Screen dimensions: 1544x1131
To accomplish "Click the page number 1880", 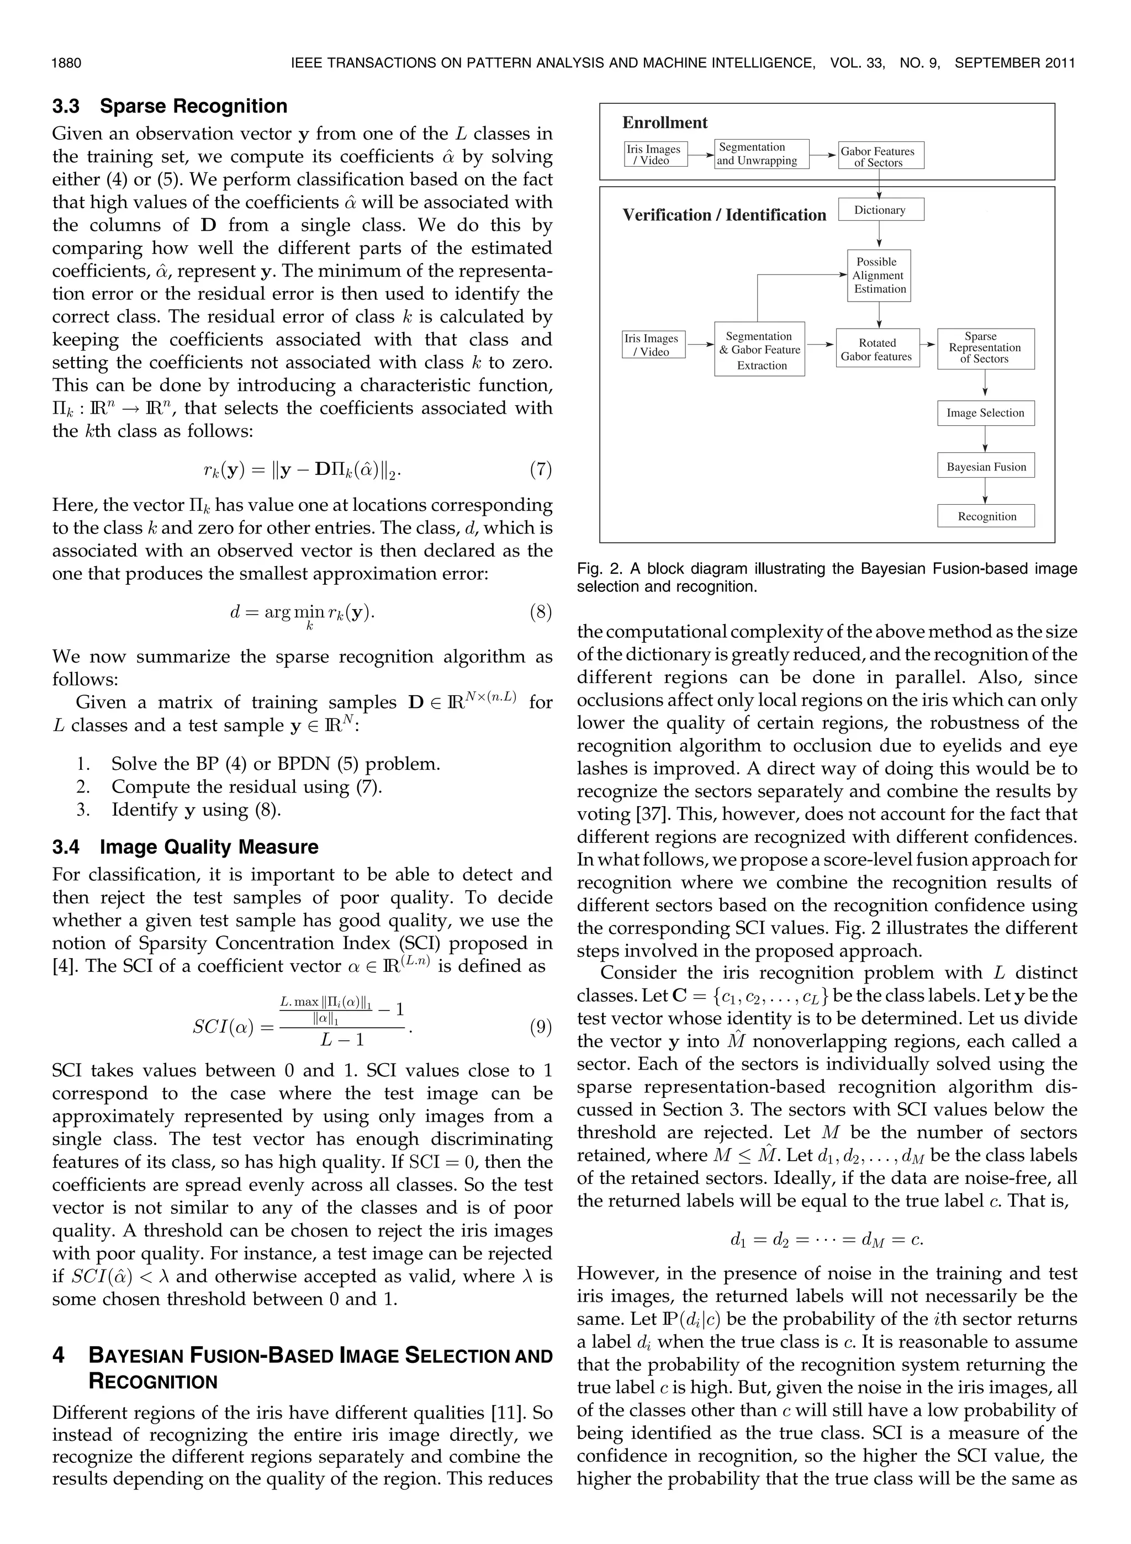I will coord(66,64).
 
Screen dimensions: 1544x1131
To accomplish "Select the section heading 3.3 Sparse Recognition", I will coord(170,106).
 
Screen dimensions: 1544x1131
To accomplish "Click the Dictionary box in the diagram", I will coord(880,210).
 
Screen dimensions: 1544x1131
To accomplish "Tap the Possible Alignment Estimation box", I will coord(879,276).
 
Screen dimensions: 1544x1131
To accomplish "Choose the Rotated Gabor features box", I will coord(876,350).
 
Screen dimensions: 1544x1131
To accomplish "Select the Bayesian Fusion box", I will coord(986,467).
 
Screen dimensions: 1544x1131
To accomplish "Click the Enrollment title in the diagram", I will coord(664,123).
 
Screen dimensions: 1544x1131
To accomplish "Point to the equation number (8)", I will coord(540,612).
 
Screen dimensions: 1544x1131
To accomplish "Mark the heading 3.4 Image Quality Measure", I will coord(186,847).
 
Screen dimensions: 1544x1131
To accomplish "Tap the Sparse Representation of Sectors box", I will coord(985,348).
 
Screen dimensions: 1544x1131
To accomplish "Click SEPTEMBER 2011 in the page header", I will coord(1014,64).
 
